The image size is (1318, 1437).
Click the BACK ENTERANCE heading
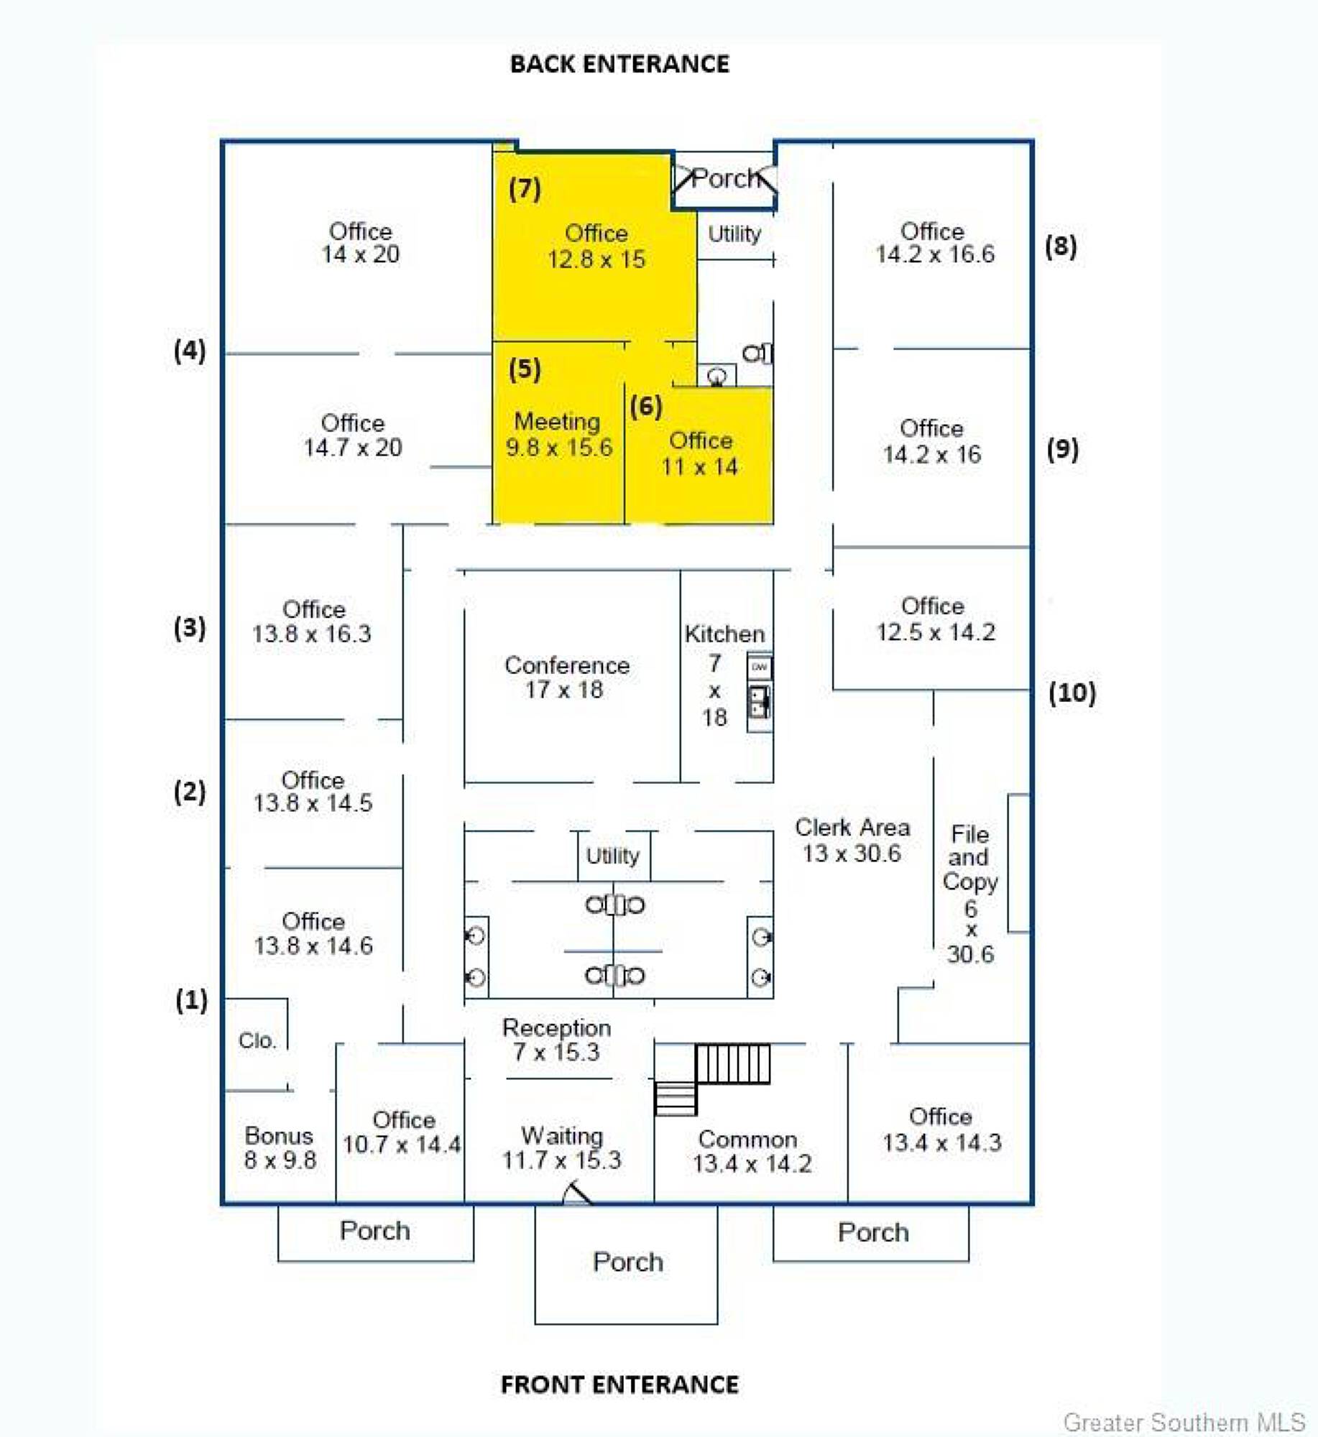pyautogui.click(x=619, y=64)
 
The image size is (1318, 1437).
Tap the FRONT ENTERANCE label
pyautogui.click(x=619, y=1384)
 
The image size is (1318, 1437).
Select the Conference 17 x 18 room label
pyautogui.click(x=566, y=677)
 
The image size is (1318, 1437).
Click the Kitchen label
pyautogui.click(x=724, y=634)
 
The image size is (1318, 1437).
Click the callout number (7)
pyautogui.click(x=525, y=188)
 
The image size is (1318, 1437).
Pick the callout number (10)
pyautogui.click(x=1072, y=693)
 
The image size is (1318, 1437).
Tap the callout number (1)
pyautogui.click(x=191, y=999)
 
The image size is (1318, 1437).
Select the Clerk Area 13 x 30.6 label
pyautogui.click(x=852, y=840)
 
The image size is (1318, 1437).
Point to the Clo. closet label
pyautogui.click(x=257, y=1040)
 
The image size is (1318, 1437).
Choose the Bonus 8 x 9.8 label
pyautogui.click(x=280, y=1147)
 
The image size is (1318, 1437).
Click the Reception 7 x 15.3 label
pyautogui.click(x=556, y=1040)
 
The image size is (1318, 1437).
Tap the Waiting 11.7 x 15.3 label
pyautogui.click(x=561, y=1147)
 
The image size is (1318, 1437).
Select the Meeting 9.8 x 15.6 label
pyautogui.click(x=558, y=434)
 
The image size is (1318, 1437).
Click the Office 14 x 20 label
pyautogui.click(x=360, y=242)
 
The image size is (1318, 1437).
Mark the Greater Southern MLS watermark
pyautogui.click(x=1184, y=1422)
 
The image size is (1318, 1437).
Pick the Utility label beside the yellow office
pyautogui.click(x=734, y=234)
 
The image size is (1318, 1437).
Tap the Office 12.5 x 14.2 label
pyautogui.click(x=934, y=619)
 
